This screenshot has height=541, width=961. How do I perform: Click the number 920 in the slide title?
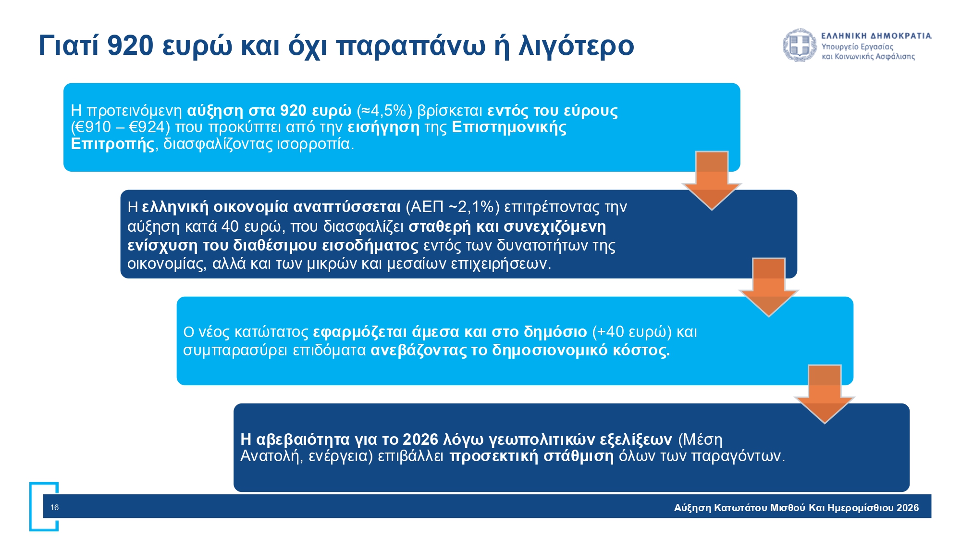tap(130, 46)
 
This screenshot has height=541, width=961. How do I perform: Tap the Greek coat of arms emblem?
tap(800, 45)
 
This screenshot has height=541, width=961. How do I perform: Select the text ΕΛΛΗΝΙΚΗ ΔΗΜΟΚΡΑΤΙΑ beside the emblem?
tap(876, 36)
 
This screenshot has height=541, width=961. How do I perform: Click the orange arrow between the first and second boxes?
tap(712, 180)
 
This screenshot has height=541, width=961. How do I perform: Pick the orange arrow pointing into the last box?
tap(825, 394)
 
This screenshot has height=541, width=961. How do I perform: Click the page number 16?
tap(54, 507)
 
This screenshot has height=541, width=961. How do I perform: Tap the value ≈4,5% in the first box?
tap(384, 111)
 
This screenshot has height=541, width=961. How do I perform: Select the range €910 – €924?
tap(121, 127)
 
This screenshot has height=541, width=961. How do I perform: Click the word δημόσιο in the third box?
tap(555, 332)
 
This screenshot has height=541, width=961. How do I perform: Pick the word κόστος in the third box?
tap(641, 351)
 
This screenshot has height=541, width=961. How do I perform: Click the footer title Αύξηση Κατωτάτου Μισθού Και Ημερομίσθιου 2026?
tap(796, 508)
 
